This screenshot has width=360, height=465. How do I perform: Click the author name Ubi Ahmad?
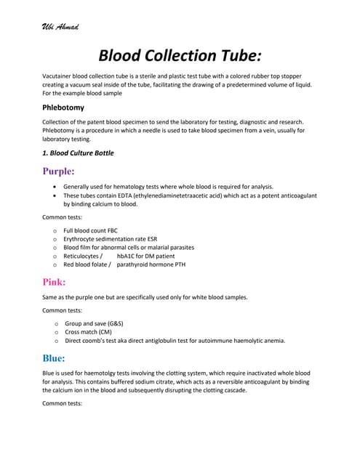point(61,28)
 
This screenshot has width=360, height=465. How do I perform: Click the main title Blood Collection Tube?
point(180,56)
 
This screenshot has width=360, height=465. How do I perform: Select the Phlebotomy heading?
point(64,108)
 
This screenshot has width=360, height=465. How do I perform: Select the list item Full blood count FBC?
point(95,230)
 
